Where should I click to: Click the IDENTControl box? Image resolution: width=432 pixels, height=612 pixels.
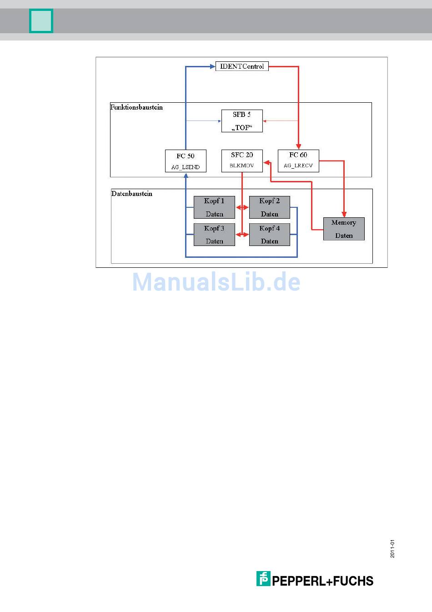point(242,66)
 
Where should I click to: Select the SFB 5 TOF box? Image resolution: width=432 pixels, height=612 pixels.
point(242,121)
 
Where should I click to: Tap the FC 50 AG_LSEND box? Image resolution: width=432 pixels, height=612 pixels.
point(186,161)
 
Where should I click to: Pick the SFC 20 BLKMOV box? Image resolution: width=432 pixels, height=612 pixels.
point(242,161)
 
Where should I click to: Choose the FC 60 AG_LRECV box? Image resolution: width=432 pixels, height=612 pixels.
point(298,161)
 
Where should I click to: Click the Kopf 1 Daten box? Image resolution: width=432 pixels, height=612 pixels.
point(214,207)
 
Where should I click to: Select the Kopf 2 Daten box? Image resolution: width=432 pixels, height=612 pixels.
point(270,207)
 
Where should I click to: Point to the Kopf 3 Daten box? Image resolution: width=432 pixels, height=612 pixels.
point(214,235)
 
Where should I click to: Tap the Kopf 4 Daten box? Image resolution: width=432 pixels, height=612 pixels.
point(270,235)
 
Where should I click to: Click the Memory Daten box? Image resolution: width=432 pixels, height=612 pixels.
point(344,229)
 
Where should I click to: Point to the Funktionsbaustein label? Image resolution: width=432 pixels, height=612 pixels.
point(136,107)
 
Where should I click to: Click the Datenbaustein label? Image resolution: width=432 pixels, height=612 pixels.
point(132,194)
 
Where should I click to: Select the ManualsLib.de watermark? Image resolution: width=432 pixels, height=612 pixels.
point(216,282)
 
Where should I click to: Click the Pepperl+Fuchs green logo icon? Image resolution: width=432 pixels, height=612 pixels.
point(263,578)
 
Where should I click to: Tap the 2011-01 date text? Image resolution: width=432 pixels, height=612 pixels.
point(392,549)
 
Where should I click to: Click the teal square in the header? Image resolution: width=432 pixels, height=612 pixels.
point(41,21)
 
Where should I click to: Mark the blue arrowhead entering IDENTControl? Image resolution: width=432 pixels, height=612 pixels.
point(212,66)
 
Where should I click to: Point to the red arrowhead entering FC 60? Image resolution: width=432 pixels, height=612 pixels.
point(298,146)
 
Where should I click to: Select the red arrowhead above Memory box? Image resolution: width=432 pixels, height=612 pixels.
point(344,214)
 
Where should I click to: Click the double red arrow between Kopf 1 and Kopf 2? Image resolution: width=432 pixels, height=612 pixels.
point(242,207)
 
